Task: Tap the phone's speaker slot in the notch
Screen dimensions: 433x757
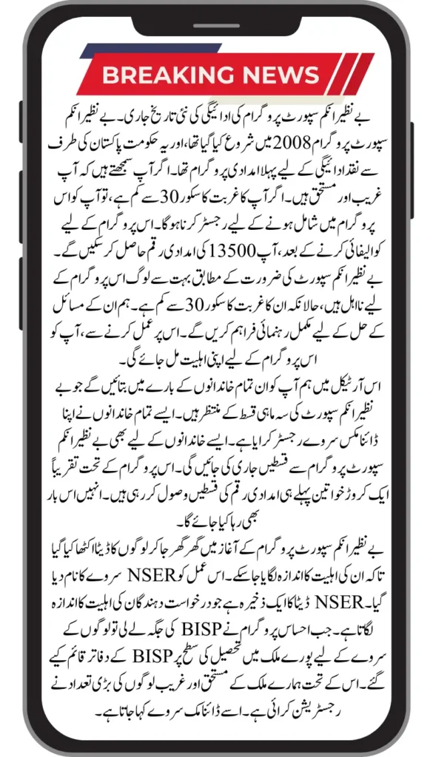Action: tap(216, 21)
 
